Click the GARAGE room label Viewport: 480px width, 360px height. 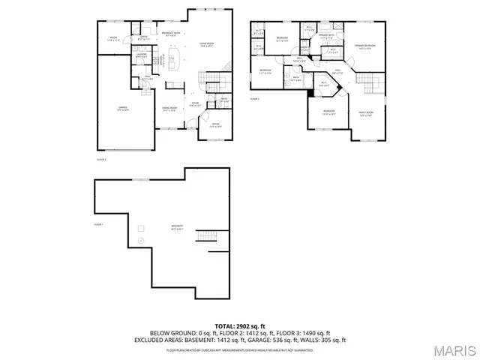click(122, 109)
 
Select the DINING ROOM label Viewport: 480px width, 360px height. click(169, 109)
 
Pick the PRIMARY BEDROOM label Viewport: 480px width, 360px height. click(364, 46)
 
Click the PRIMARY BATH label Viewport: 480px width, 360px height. click(325, 36)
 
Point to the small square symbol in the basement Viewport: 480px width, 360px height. click(140, 227)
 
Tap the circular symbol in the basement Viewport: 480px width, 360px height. click(140, 241)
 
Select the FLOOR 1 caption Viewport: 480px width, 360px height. click(98, 224)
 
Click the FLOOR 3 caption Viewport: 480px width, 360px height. click(254, 98)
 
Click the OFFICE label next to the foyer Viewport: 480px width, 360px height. click(214, 124)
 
